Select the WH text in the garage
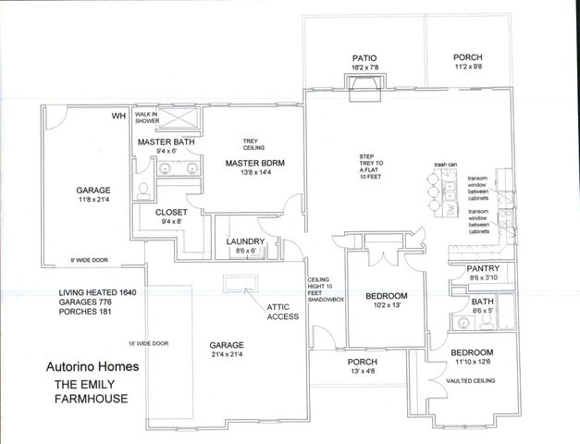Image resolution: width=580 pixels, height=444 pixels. point(118,116)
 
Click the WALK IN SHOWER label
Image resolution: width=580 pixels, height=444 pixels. point(148,117)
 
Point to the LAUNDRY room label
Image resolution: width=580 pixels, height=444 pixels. point(247,242)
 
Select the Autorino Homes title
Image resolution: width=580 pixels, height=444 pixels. point(93,366)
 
